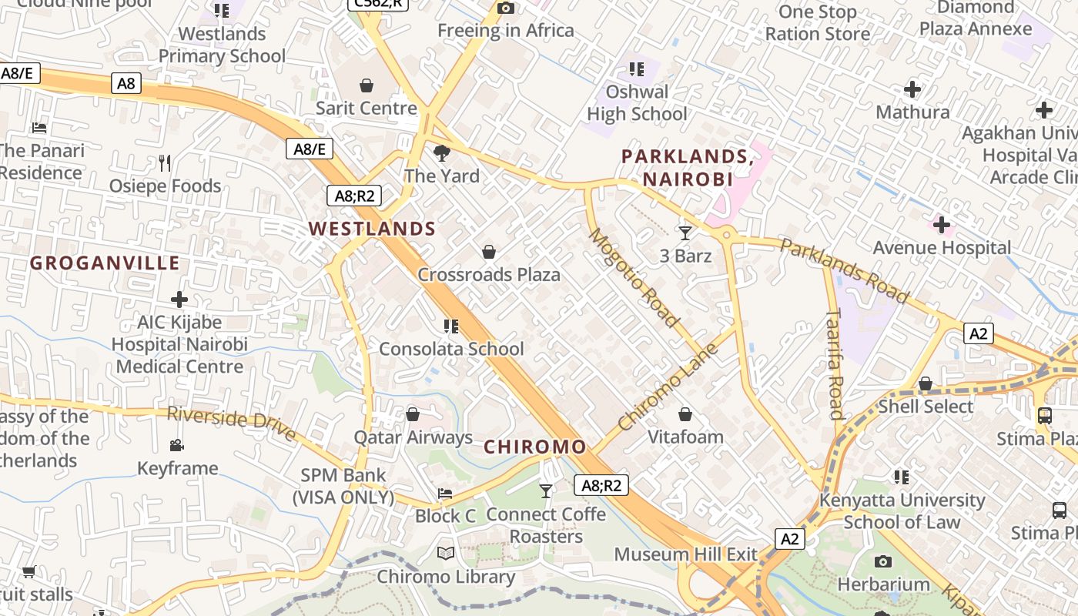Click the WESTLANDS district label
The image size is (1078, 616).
pos(372,229)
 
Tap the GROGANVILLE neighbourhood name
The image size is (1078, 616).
pos(105,263)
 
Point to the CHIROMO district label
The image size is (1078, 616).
pos(535,447)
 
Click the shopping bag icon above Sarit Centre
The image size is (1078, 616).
pos(367,85)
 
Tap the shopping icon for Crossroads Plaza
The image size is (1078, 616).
pos(488,252)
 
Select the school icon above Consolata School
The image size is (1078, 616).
pos(451,326)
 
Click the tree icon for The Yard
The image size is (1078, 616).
pos(442,153)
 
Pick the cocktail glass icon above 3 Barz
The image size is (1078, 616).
pos(685,233)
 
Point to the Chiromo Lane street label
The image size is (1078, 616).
pos(668,387)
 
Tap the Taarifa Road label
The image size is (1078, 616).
pos(835,364)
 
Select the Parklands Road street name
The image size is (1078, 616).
pos(845,270)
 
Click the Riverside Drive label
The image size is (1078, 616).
pos(232,424)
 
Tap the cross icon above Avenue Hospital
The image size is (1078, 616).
pos(941,225)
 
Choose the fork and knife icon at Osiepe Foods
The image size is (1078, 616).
pos(164,162)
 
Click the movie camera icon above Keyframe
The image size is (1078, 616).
pos(177,445)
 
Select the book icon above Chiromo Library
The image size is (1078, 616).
pos(446,553)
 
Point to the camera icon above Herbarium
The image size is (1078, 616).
pos(883,561)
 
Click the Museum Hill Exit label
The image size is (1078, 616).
pos(685,554)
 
